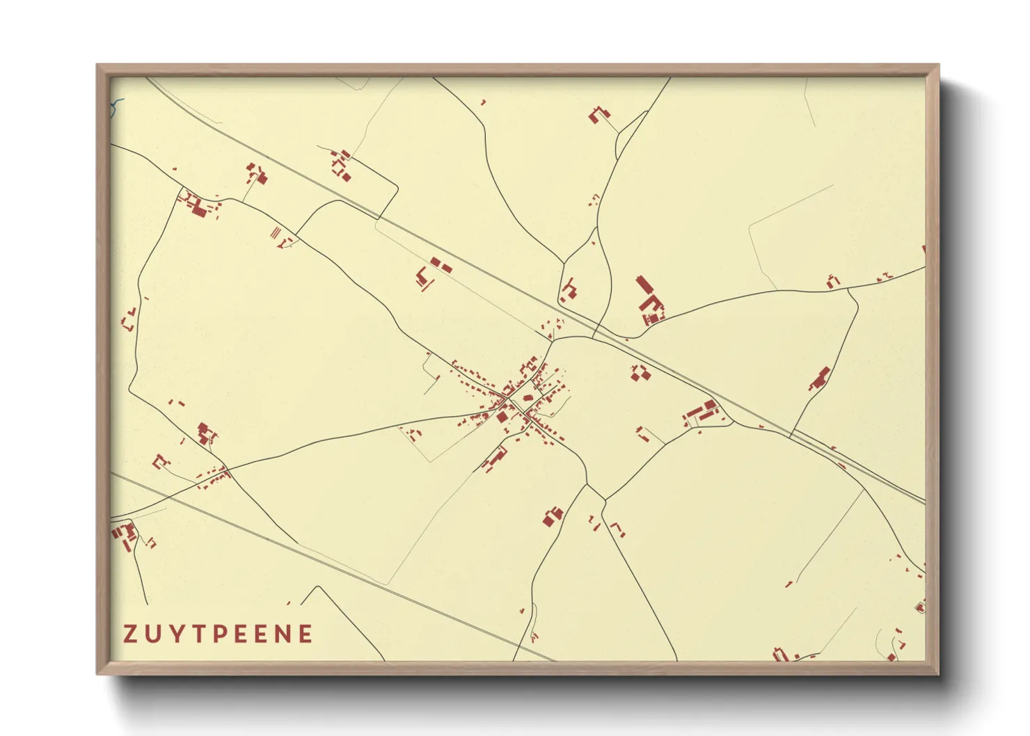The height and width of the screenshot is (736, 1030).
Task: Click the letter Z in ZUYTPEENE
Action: coord(129,634)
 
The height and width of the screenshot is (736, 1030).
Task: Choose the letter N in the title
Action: coord(284,634)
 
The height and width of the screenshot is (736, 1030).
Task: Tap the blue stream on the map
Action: coord(117,105)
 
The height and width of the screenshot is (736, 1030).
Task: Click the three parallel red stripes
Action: coord(276,231)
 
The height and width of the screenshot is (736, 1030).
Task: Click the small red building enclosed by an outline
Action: coord(920,608)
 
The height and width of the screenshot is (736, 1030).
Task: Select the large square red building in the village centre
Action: coord(502,417)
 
